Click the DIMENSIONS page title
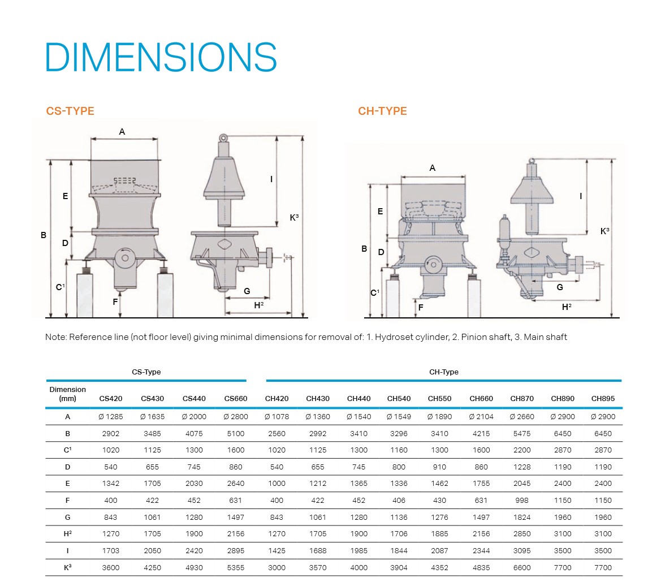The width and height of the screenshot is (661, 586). click(161, 57)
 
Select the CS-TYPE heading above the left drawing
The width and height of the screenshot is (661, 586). click(70, 111)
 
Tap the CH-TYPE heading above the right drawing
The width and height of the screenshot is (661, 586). click(382, 111)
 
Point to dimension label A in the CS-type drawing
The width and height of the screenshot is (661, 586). click(122, 132)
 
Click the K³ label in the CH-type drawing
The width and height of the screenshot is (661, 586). click(604, 231)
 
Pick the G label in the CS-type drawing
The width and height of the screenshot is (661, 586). click(247, 291)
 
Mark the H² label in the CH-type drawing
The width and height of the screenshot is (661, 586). click(566, 307)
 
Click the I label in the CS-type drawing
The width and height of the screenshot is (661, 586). click(271, 179)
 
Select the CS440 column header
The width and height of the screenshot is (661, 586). click(194, 398)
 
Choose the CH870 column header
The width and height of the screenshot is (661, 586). click(522, 398)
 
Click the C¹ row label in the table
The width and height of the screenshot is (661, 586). click(68, 450)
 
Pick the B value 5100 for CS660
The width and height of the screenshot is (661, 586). click(236, 434)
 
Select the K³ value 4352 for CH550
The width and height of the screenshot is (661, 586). click(439, 567)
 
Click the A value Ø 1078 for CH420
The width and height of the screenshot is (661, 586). click(277, 417)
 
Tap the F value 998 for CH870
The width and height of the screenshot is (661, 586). click(522, 501)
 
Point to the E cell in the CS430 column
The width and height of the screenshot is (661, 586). click(152, 484)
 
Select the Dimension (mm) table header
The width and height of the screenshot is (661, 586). click(68, 394)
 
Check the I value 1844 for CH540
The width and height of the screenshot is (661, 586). click(399, 550)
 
